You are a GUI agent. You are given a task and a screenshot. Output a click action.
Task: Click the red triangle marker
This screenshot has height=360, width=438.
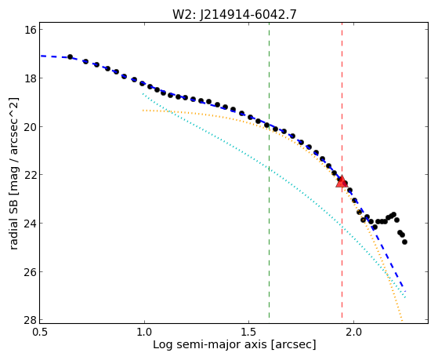[x=342, y=181]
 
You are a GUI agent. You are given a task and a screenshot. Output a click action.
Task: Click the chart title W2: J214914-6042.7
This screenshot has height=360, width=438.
[x=234, y=14]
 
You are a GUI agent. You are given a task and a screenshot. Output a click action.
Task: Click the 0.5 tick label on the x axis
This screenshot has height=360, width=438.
[x=39, y=333]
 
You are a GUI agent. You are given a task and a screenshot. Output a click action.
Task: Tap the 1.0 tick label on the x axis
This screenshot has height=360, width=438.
[x=144, y=333]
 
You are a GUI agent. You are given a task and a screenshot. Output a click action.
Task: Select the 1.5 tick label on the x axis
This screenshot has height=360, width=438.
[x=249, y=333]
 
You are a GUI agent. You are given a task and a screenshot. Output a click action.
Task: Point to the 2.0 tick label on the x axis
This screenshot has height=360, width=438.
[x=353, y=333]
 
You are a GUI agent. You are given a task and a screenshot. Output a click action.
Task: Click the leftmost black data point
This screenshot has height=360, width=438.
[x=70, y=56]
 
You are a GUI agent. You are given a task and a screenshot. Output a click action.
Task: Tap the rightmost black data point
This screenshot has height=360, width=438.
[x=404, y=242]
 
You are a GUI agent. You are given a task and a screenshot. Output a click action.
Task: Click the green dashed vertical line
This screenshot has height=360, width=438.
[x=269, y=170]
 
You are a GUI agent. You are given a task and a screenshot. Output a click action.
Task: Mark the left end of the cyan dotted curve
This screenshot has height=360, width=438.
[x=143, y=93]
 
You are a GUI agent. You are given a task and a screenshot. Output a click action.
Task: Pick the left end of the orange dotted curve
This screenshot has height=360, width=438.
[x=143, y=111]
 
